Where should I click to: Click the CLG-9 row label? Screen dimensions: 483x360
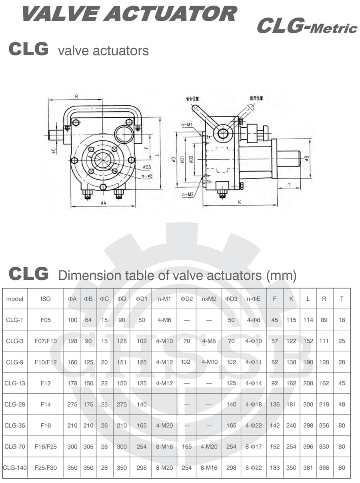coord(15,362)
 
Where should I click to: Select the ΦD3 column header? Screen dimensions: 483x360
coord(231,299)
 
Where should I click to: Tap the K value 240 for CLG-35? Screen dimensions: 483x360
coord(292,425)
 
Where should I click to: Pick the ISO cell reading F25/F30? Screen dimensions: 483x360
coord(46,468)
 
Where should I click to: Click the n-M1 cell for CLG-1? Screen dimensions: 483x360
coord(164,320)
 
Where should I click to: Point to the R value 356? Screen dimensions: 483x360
coord(324,425)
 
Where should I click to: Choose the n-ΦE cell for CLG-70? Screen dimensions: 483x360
coord(254,447)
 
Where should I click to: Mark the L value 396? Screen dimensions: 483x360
coord(308,447)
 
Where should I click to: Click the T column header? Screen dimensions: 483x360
coord(341,299)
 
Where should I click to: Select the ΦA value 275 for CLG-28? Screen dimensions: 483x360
coord(72,405)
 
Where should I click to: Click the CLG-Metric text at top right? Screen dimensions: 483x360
coord(306,26)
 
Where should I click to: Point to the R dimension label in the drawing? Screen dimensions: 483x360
coord(76,96)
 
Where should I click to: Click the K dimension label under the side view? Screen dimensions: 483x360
coord(240,202)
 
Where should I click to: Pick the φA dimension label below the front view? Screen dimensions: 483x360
coord(103,203)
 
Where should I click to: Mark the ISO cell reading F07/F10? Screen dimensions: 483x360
coord(46,341)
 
